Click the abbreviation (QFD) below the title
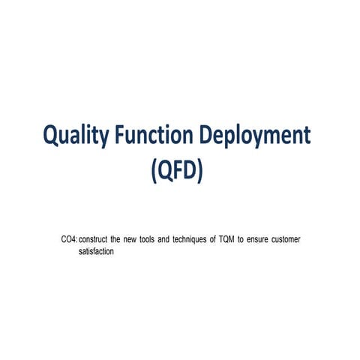coord(177,170)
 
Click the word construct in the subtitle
coord(94,239)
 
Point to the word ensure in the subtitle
coord(260,239)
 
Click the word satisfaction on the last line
coord(96,251)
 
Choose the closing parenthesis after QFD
coord(200,171)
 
